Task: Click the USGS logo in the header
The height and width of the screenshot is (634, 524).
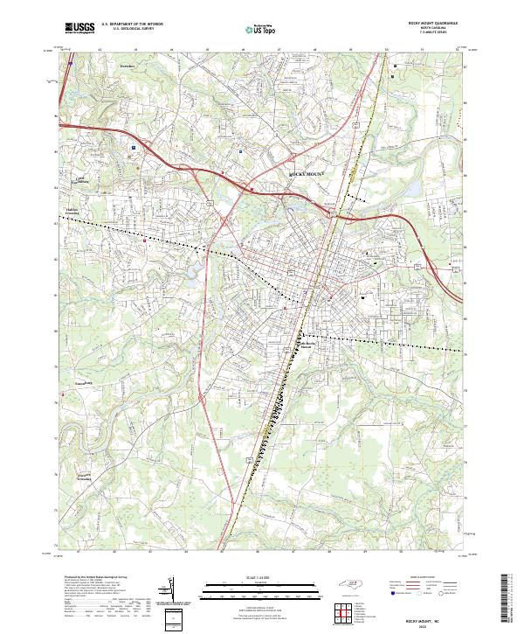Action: click(79, 28)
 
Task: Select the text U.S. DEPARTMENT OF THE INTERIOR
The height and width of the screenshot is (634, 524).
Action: click(132, 24)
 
